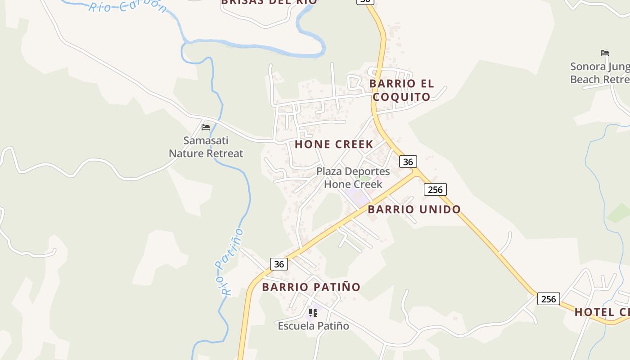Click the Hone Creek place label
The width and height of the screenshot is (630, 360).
[x=334, y=144]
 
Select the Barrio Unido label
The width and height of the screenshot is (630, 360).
[x=414, y=209]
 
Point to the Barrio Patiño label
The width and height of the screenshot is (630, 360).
[x=311, y=287]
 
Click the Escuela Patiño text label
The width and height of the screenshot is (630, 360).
[x=313, y=325]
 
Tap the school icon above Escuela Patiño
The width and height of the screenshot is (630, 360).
[x=313, y=312]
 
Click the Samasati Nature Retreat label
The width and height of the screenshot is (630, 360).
[x=206, y=147]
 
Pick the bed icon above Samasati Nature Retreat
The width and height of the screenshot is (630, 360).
[x=206, y=127]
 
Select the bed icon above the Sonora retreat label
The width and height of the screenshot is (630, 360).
[x=605, y=53]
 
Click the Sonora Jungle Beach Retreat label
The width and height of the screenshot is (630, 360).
[x=599, y=73]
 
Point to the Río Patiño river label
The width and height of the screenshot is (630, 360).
[x=229, y=262]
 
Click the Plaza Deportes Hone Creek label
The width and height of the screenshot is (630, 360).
[x=353, y=178]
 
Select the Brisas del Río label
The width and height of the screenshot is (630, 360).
[x=269, y=2]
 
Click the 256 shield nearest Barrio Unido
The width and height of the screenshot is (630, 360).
[x=435, y=189]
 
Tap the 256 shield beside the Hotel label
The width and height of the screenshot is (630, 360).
[x=549, y=299]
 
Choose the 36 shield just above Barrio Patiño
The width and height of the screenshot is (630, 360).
[x=279, y=264]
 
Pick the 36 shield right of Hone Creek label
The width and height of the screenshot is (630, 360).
[x=408, y=162]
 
